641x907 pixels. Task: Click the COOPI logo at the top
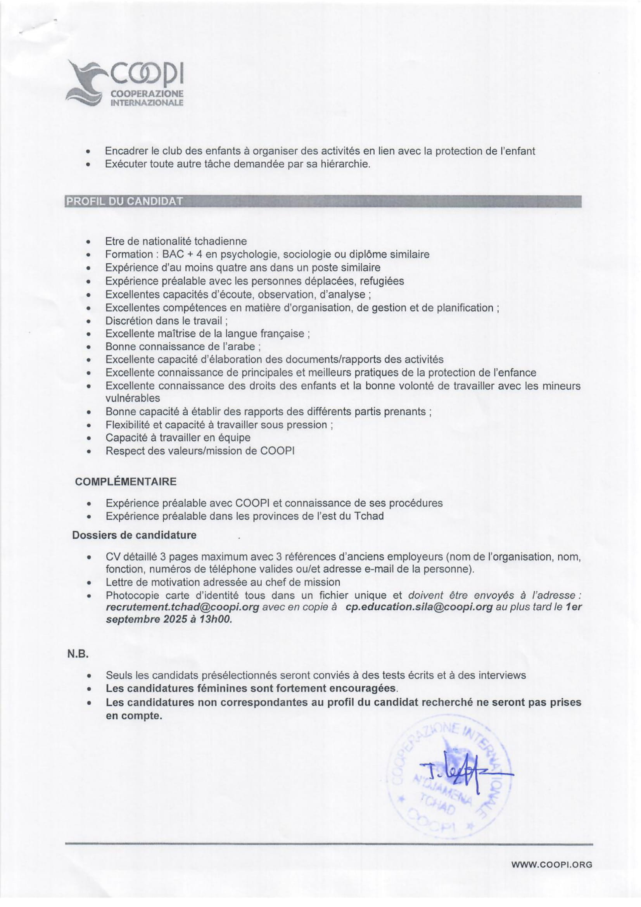[125, 84]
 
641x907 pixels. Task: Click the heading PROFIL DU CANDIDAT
[124, 201]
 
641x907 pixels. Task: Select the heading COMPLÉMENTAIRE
[126, 482]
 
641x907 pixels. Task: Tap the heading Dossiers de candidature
[134, 535]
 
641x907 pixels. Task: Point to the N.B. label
[78, 654]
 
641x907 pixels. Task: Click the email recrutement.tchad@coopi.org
[183, 607]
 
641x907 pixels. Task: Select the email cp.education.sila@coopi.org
[419, 607]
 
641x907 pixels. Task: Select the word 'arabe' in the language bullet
[242, 346]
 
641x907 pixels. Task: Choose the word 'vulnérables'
[133, 398]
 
